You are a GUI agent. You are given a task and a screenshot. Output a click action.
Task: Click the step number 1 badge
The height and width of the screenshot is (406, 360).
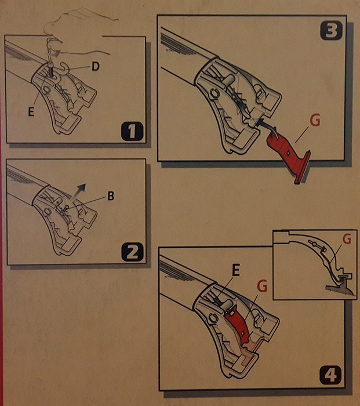[x=132, y=131]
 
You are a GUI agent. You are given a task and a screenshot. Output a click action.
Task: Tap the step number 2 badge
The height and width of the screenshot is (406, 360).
[x=132, y=252]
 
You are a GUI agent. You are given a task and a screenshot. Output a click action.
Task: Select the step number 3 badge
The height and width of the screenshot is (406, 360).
[x=331, y=31]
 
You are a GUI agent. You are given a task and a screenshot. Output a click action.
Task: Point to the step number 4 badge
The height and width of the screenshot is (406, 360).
[x=331, y=375]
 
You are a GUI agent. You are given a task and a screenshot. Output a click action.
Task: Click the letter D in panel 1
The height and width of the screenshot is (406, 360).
[x=96, y=67]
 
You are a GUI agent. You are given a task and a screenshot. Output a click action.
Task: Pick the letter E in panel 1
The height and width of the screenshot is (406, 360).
[x=31, y=112]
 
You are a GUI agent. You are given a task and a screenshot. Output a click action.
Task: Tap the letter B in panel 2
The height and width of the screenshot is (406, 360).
[x=111, y=196]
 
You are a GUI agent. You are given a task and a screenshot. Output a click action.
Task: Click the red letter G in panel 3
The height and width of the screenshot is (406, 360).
[x=315, y=120]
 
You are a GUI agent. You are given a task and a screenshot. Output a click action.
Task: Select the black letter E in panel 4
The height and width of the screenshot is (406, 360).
[x=235, y=271]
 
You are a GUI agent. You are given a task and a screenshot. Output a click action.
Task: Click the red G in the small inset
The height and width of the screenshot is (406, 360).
[x=347, y=239]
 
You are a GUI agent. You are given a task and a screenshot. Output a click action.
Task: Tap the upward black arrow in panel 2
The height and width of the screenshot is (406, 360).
[x=78, y=192]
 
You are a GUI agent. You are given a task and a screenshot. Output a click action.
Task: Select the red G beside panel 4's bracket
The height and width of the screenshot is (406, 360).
[x=263, y=287]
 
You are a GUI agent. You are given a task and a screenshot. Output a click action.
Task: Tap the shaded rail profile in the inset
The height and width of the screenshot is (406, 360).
[x=339, y=288]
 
